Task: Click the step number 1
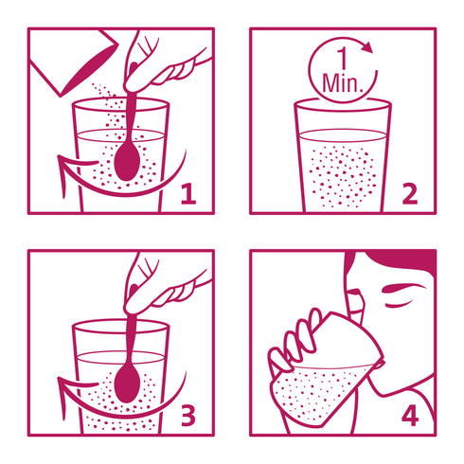click(189, 194)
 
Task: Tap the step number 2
click(410, 194)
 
